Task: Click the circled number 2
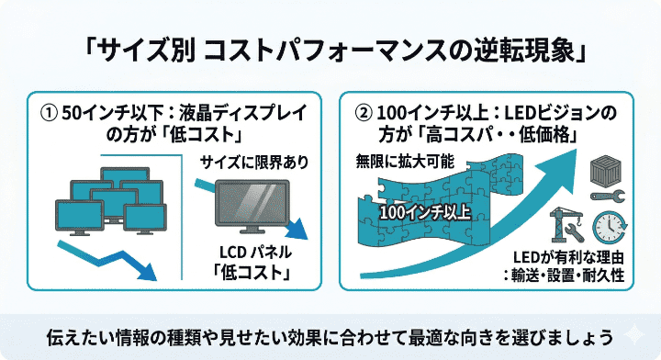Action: [x=364, y=114]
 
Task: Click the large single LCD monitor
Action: [x=251, y=205]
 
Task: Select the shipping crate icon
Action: [x=606, y=168]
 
